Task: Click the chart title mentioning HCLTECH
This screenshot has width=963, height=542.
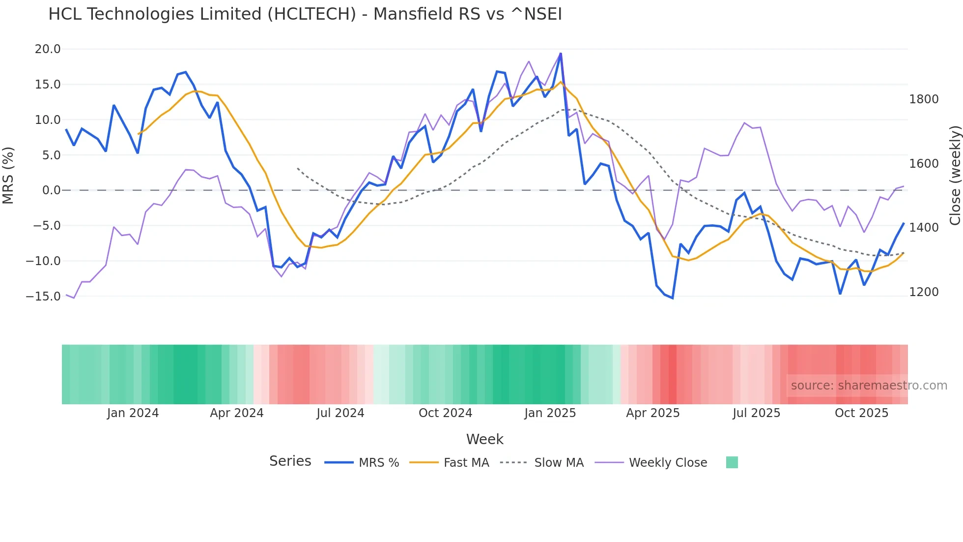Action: coord(305,14)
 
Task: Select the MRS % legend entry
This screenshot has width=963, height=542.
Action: coord(378,463)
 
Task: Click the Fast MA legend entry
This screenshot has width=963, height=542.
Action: coord(466,463)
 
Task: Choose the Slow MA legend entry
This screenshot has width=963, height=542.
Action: coord(559,463)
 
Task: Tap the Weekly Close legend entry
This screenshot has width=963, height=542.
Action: coord(668,463)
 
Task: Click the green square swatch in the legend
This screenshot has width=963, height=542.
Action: coord(732,462)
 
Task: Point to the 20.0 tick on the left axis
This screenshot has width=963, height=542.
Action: coord(48,49)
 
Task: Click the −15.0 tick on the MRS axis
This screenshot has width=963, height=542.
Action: coord(43,297)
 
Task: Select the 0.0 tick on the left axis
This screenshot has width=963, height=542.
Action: coord(51,190)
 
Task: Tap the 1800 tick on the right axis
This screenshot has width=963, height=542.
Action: coord(924,99)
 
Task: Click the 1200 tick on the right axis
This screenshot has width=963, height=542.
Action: coord(924,292)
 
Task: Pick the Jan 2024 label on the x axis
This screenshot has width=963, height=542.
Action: coord(133,413)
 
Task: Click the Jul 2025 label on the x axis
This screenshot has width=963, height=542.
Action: coord(756,413)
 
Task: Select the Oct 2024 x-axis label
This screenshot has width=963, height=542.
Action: coord(445,413)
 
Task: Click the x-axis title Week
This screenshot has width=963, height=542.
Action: coord(484,439)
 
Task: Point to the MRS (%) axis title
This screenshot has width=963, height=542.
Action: coord(8,175)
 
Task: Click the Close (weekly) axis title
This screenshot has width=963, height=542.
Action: coord(955,175)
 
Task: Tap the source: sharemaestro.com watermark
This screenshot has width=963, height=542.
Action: coord(869,386)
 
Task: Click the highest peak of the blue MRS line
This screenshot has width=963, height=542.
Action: coord(561,54)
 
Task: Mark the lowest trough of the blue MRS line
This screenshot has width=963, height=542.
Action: coord(672,298)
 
